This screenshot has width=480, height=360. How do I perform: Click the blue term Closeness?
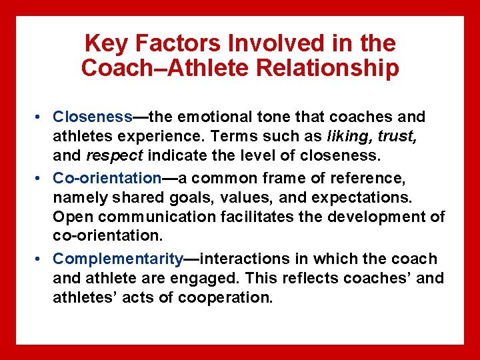[x=93, y=117]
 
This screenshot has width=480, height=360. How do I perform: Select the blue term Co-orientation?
[x=107, y=179]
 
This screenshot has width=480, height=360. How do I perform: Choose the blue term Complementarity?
[x=118, y=259]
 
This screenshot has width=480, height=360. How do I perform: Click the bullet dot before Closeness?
[x=41, y=118]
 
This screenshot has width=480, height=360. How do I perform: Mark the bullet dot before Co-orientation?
[x=41, y=179]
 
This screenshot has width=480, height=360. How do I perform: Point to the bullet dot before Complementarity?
[x=41, y=259]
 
